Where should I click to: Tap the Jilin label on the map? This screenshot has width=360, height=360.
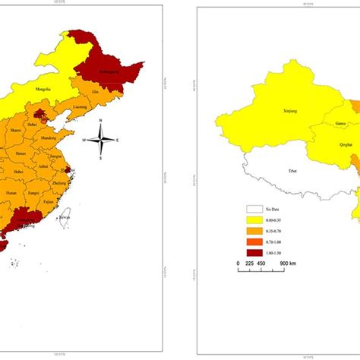96,91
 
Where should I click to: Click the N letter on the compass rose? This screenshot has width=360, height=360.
100,123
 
